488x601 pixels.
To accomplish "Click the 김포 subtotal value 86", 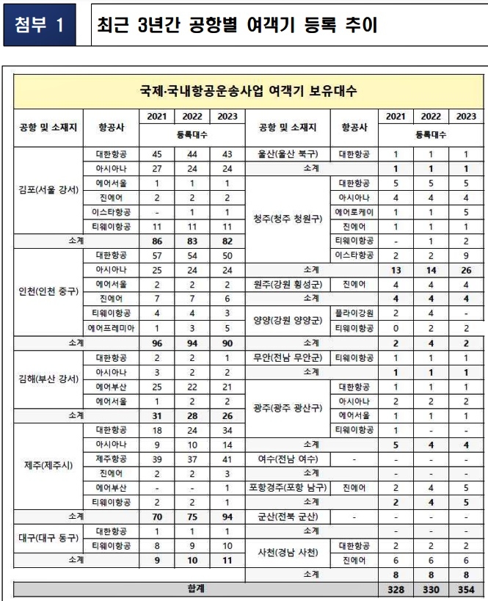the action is point(156,240).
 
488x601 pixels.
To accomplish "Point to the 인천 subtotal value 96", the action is point(156,342).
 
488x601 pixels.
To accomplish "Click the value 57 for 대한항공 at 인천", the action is point(156,255).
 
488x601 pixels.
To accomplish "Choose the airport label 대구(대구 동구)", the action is point(49,537).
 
